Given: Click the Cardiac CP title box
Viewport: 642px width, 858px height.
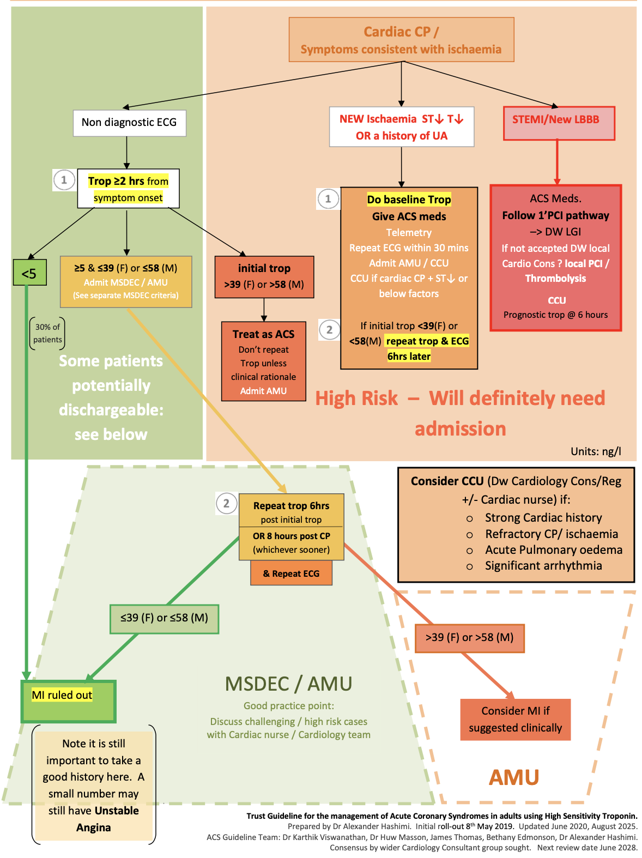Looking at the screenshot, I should (x=401, y=40).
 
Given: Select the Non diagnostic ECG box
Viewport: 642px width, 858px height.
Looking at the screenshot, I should (x=129, y=123).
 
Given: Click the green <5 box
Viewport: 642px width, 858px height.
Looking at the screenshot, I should (x=29, y=273).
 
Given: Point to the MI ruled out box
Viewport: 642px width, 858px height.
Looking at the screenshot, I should (x=68, y=701).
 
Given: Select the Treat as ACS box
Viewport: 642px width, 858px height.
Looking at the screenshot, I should (x=263, y=361).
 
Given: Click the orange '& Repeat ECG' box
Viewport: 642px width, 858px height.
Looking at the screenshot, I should (x=291, y=573).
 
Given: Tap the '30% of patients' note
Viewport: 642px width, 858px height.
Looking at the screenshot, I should (x=47, y=333).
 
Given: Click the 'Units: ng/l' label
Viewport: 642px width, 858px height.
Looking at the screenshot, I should (x=595, y=451).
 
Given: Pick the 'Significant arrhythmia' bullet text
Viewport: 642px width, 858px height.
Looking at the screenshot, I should (x=543, y=566).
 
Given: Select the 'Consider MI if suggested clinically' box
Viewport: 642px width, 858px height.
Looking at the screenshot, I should (x=515, y=719).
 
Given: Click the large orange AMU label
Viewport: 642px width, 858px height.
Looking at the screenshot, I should (x=513, y=777).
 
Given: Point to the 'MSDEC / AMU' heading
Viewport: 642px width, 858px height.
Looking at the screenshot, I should (x=288, y=684).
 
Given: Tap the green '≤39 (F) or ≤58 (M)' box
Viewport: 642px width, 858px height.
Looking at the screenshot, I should (x=164, y=618).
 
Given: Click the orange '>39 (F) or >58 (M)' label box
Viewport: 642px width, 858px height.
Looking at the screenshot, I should (x=469, y=638).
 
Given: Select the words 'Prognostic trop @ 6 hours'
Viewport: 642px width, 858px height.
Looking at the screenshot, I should (x=555, y=315).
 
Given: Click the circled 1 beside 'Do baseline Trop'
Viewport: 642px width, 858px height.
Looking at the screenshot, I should (x=328, y=199).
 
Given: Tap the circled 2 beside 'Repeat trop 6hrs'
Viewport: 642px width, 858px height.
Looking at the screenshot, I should (x=226, y=504).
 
